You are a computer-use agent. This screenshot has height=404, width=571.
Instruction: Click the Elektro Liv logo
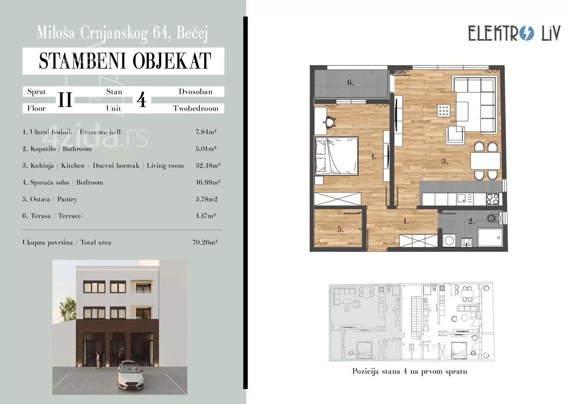pyautogui.click(x=514, y=33)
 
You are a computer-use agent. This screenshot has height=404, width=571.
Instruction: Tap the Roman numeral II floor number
pyautogui.click(x=65, y=100)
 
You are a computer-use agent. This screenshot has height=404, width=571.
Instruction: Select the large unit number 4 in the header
pyautogui.click(x=141, y=100)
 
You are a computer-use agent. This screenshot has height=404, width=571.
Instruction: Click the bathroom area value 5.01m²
pyautogui.click(x=206, y=149)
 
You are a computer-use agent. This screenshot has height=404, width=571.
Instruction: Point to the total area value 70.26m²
pyautogui.click(x=205, y=242)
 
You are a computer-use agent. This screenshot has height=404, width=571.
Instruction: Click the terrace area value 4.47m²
pyautogui.click(x=206, y=216)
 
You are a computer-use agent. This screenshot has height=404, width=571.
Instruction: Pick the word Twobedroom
pyautogui.click(x=196, y=108)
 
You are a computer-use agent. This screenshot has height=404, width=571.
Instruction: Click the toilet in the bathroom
pyautogui.click(x=492, y=218)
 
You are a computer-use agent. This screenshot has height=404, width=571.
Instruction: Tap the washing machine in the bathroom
pyautogui.click(x=449, y=241)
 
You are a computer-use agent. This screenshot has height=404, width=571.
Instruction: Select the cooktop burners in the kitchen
pyautogui.click(x=492, y=199)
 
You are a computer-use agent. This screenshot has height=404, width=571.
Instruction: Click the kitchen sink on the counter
pyautogui.click(x=462, y=198)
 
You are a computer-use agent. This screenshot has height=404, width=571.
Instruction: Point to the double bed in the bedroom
pyautogui.click(x=337, y=156)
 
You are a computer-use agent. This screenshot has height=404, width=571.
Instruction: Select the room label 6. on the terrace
pyautogui.click(x=350, y=82)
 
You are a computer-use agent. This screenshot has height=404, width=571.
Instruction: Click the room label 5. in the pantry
pyautogui.click(x=340, y=229)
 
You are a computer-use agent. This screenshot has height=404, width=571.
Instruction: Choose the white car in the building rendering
pyautogui.click(x=130, y=374)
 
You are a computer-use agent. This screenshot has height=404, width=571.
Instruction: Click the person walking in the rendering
pyautogui.click(x=98, y=361)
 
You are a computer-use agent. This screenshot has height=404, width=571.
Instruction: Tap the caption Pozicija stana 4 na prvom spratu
pyautogui.click(x=409, y=371)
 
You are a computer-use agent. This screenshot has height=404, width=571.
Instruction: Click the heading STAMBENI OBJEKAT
pyautogui.click(x=125, y=61)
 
